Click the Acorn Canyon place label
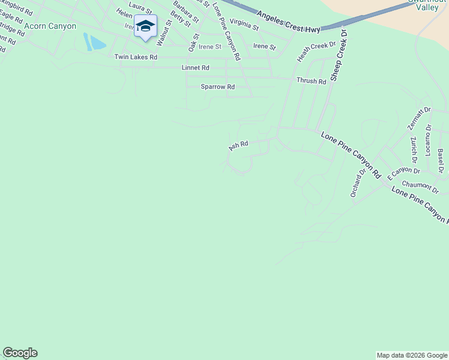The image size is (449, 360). pos(50,26)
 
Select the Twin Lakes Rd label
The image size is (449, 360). pos(136,57)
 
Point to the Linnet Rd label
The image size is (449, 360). pos(195,68)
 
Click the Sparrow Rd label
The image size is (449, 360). pos(217,87)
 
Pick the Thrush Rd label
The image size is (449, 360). pos(311,81)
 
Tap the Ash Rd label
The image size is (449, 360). pos(238,145)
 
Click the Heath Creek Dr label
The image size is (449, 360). pos(316,52)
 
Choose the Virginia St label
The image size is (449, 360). pos(244,25)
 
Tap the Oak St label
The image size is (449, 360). pos(193,41)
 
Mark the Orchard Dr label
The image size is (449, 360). pos(357,183)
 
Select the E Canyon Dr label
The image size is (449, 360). pos(403,174)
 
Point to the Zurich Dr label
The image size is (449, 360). pos(414,149)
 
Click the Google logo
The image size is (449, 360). pos(20,353)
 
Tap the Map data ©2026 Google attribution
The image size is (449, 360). pos(412,355)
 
